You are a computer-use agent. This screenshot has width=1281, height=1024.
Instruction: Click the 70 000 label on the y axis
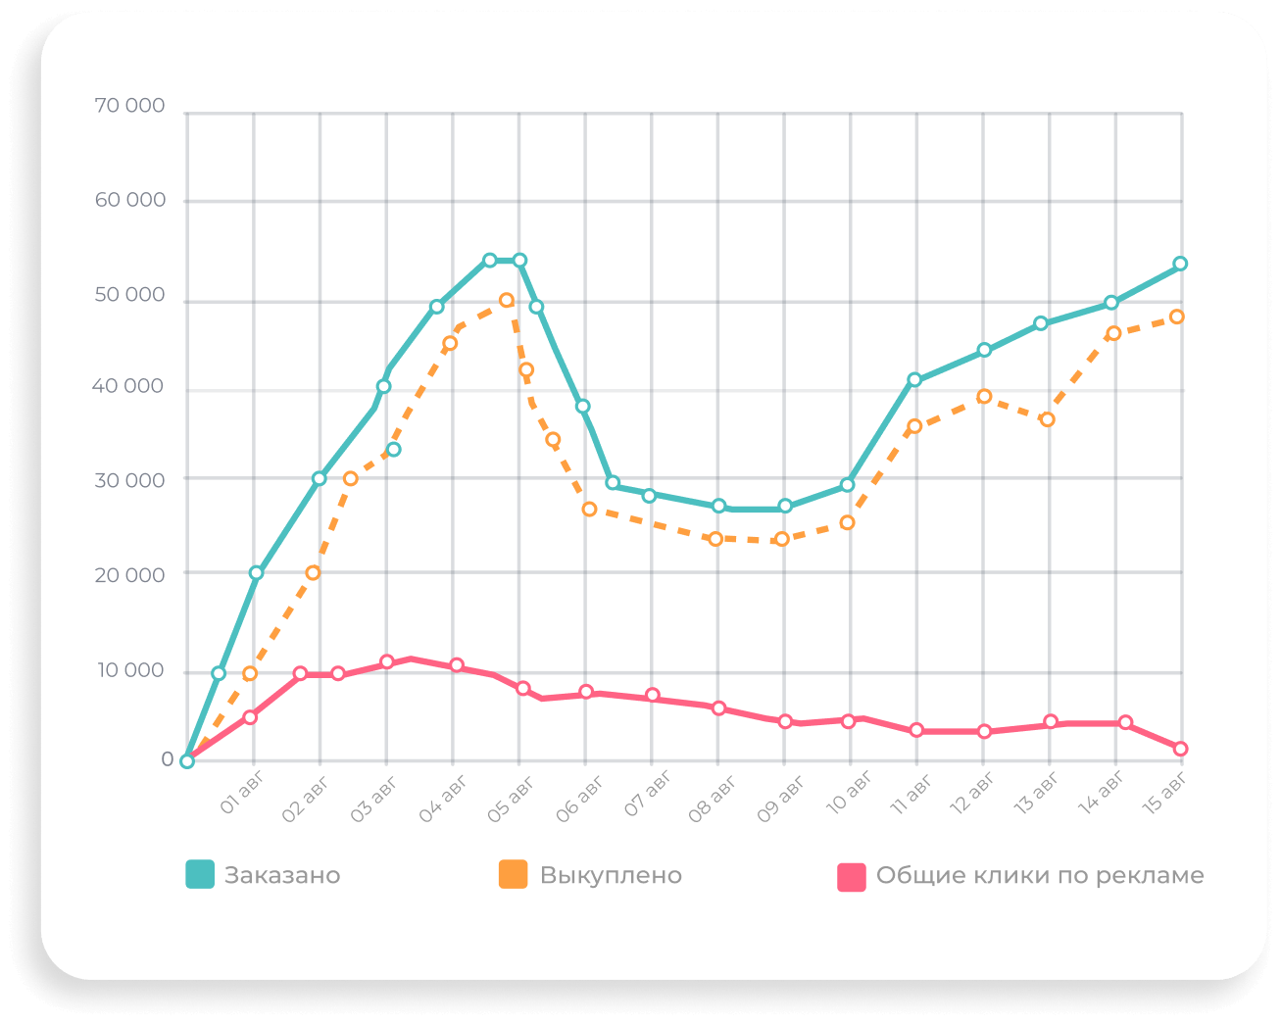129,106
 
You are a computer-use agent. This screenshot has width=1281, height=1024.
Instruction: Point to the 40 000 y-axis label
127,386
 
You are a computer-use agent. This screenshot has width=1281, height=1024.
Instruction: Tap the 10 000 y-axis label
129,670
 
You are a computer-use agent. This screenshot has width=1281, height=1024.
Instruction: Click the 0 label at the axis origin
168,759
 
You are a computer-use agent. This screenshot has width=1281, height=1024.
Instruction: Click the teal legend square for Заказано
200,874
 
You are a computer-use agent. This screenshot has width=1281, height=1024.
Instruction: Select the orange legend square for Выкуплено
513,874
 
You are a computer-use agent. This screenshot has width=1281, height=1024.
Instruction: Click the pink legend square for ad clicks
852,876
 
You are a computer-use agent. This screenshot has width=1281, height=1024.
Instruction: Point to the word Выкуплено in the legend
611,875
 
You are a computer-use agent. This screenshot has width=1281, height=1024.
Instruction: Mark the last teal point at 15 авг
1180,264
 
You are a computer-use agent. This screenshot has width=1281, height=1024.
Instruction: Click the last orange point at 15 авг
1177,317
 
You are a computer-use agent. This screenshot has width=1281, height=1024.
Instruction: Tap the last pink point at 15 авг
1180,749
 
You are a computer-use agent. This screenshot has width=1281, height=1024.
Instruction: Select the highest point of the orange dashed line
507,300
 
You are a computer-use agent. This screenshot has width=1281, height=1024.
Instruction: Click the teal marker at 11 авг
914,380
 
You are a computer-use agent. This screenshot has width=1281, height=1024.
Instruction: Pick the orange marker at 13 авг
1047,419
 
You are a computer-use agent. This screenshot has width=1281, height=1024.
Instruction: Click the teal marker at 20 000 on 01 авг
256,572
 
